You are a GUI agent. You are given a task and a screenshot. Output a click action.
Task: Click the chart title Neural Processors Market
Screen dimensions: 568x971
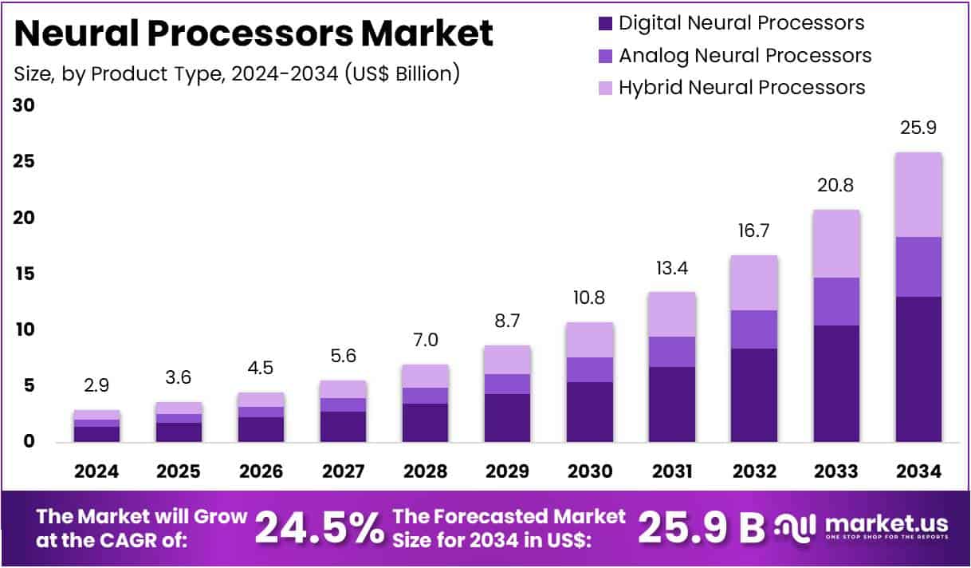click(254, 34)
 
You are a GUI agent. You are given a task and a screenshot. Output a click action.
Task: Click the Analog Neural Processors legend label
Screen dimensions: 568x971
click(745, 55)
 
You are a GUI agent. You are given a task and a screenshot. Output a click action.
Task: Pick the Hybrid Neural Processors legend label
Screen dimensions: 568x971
click(741, 87)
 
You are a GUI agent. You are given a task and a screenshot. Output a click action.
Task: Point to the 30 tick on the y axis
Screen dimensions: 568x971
click(24, 105)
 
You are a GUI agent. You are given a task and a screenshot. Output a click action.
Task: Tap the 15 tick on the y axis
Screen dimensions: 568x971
click(24, 274)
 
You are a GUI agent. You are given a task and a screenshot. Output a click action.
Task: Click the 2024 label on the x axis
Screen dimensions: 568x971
click(96, 471)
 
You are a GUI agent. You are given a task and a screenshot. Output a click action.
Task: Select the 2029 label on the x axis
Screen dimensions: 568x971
click(507, 471)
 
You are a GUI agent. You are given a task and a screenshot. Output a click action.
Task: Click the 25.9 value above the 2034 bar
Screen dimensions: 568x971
click(918, 127)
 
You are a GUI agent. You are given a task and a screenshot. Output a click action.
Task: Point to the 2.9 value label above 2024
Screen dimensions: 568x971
click(96, 385)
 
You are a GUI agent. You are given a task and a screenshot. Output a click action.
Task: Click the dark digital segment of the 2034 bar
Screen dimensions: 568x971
click(918, 369)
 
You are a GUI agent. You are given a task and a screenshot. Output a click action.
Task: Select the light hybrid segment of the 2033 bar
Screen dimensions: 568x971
click(836, 243)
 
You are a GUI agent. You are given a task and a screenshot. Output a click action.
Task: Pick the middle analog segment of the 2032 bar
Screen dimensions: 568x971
click(754, 329)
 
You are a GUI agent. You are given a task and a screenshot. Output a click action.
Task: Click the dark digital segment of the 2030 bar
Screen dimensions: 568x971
click(590, 412)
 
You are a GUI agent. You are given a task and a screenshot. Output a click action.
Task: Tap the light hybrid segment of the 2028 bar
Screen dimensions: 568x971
click(425, 376)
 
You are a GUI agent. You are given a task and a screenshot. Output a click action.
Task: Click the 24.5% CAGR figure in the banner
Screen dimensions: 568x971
click(318, 527)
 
